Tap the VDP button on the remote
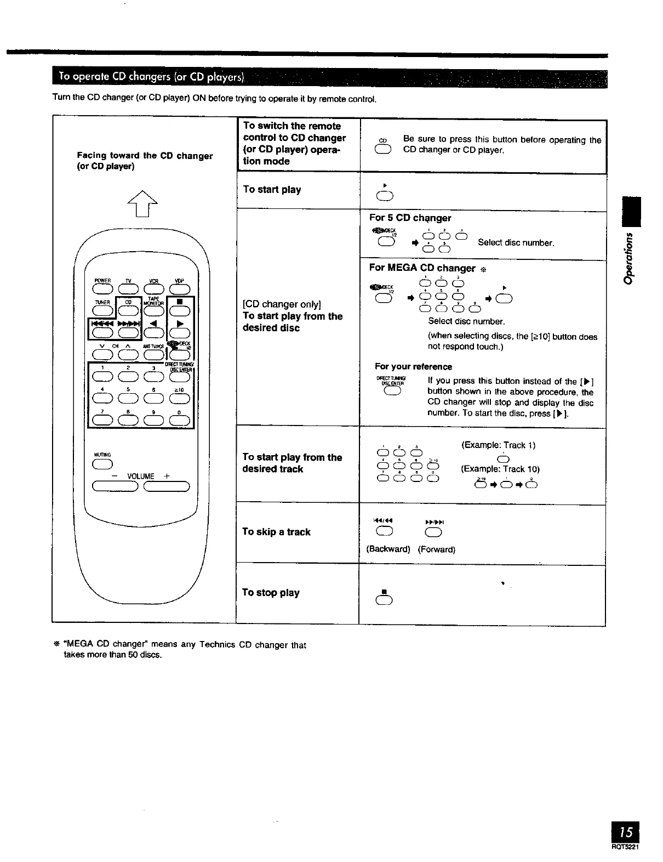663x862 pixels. (180, 289)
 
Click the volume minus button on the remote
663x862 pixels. (116, 486)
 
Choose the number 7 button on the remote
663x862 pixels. (102, 421)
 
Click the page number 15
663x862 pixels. (627, 832)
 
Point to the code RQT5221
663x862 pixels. (625, 846)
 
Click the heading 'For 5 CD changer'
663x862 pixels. (410, 218)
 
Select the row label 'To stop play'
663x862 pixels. (271, 593)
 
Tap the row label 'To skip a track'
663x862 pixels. (276, 532)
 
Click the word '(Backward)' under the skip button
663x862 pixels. (388, 549)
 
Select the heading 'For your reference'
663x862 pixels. (413, 366)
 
